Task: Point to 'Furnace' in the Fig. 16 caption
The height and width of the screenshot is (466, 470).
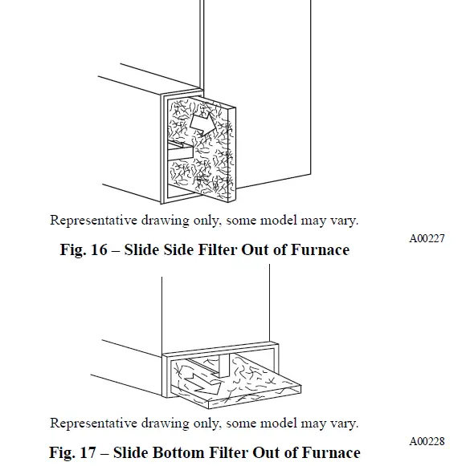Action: [319, 250]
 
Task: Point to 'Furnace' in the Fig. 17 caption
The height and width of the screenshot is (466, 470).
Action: [329, 453]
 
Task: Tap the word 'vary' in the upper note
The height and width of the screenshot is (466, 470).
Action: [344, 220]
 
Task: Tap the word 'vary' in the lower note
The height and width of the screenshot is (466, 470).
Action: [344, 423]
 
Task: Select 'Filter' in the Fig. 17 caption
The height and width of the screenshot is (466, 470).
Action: [232, 453]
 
